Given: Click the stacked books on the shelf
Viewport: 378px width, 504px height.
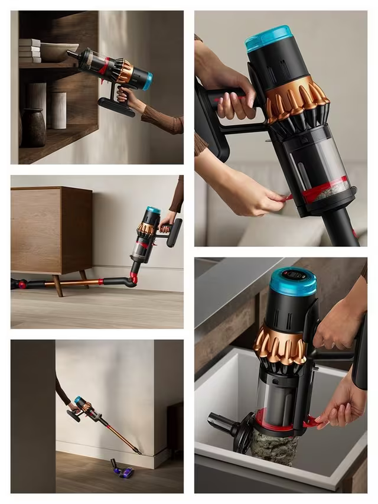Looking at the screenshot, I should pyautogui.click(x=30, y=51).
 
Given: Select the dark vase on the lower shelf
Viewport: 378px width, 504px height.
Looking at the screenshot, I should pyautogui.click(x=34, y=127).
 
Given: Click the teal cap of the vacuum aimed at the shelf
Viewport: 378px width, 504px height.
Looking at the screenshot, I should pyautogui.click(x=147, y=80).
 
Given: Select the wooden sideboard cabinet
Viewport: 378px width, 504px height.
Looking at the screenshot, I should pyautogui.click(x=52, y=231).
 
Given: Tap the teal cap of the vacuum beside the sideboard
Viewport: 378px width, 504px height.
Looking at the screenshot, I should pyautogui.click(x=154, y=210).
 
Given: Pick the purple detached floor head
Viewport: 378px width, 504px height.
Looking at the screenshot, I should pyautogui.click(x=123, y=471).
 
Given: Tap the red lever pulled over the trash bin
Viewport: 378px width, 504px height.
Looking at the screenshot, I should pyautogui.click(x=311, y=421).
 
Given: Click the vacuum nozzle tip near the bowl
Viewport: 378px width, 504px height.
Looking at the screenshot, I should pyautogui.click(x=70, y=54).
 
